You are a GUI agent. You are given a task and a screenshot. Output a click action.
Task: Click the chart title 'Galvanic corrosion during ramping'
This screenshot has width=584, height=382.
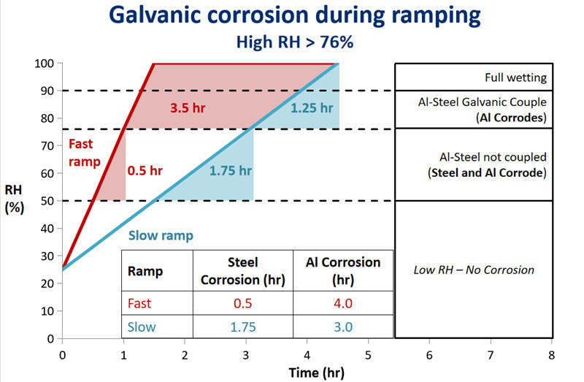point(294,16)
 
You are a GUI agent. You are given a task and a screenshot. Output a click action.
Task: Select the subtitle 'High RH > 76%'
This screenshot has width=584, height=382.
point(295,43)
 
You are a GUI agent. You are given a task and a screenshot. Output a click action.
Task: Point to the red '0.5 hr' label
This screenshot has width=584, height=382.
point(145,171)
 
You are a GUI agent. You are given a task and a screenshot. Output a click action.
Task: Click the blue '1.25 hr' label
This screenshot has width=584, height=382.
point(312,108)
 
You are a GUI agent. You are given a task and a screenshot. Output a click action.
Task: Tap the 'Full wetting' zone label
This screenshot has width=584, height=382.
point(515,77)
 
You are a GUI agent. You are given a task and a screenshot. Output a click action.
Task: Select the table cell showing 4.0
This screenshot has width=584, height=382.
point(344,303)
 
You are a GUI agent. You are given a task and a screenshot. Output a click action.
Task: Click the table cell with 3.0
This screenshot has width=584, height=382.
point(344,326)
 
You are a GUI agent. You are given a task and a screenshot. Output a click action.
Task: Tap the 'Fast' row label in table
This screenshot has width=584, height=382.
point(141,303)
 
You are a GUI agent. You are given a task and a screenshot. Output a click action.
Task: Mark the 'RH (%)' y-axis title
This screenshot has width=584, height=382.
point(15,198)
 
